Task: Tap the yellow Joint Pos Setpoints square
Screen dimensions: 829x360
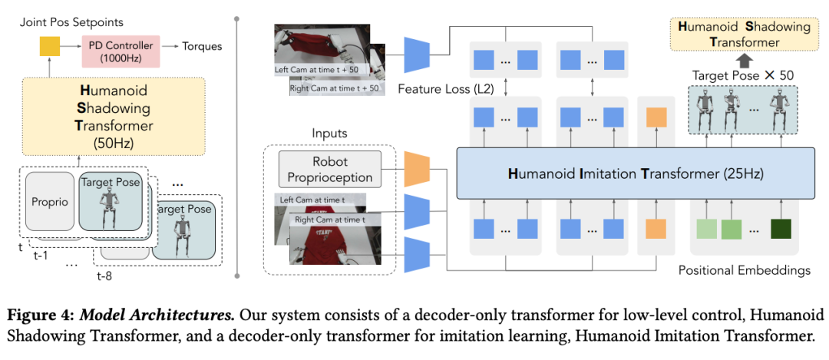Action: [50, 47]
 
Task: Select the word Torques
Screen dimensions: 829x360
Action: [202, 47]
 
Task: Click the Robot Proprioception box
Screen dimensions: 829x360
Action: [330, 169]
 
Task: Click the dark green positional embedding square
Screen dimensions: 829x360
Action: [781, 229]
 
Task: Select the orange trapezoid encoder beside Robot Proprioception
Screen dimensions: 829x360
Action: [416, 169]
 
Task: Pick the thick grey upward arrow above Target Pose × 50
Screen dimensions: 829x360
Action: [741, 61]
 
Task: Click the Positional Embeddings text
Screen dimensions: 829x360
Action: [745, 271]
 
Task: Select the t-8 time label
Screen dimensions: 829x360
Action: [104, 275]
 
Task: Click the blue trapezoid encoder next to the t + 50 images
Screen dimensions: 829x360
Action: [416, 54]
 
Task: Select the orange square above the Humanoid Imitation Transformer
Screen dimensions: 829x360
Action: [656, 117]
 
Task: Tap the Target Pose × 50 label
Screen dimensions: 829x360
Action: [741, 75]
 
